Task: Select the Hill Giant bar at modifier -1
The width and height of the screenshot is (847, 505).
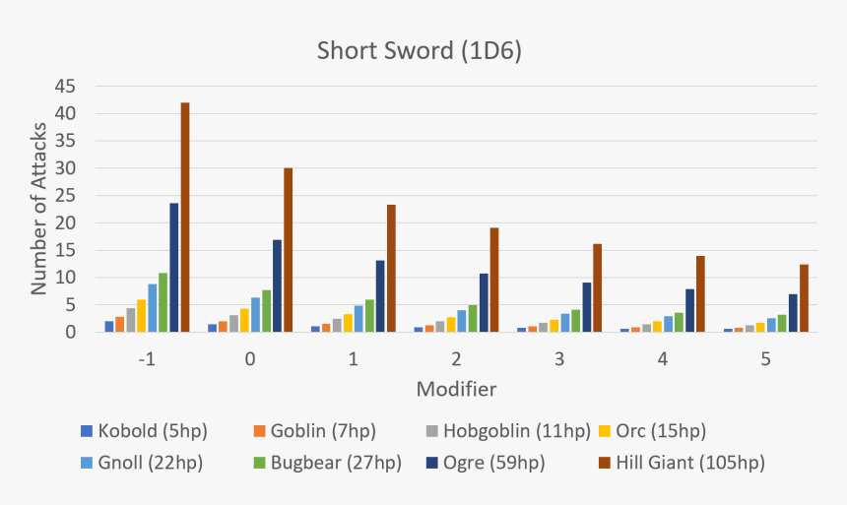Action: coord(185,218)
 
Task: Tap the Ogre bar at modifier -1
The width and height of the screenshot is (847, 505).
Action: coord(174,268)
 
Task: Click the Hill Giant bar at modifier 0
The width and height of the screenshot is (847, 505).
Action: coord(289,250)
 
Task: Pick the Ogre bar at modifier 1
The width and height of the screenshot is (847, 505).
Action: coord(380,296)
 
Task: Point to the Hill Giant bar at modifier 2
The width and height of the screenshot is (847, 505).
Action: coord(494,281)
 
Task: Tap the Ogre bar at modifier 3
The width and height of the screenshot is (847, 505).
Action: coord(586,307)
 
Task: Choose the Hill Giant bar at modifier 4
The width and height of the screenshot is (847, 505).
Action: coord(700,294)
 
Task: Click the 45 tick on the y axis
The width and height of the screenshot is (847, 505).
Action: coord(65,87)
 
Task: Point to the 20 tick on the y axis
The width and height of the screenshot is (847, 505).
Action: coord(65,223)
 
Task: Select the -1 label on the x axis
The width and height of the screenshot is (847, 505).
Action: coord(147,359)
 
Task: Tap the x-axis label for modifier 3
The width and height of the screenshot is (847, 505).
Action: coord(558,359)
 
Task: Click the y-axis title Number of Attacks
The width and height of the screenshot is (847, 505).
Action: coord(39,209)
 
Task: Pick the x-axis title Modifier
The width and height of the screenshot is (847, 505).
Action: coord(456,389)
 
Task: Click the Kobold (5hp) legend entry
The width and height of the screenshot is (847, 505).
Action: coord(144,431)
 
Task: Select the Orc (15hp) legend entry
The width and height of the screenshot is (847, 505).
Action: coord(650,431)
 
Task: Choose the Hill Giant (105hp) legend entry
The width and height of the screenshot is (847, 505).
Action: coord(681,462)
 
